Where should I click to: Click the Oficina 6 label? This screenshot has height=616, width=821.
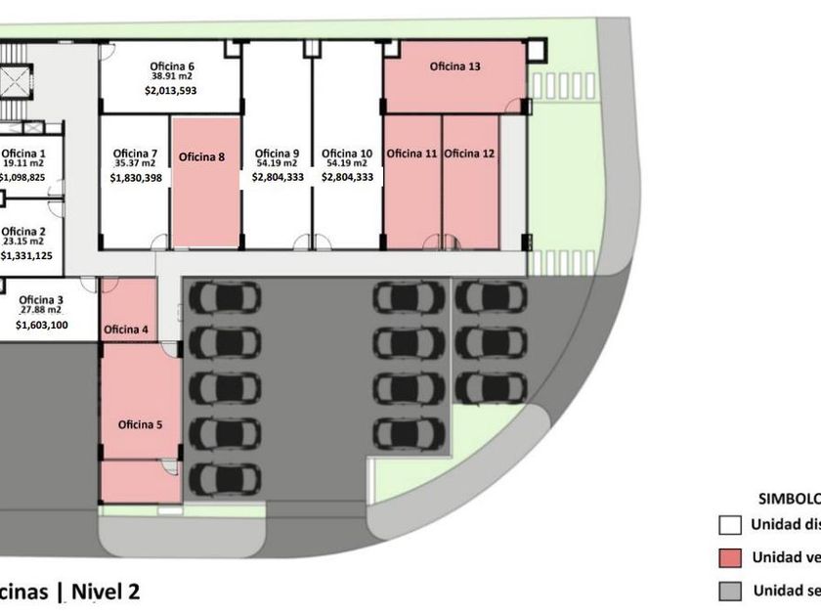pos(172,65)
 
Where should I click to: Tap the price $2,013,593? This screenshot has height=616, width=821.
pos(172,91)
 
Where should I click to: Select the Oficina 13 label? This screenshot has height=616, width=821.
pos(455,67)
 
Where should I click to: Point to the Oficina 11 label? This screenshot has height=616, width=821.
pos(411,154)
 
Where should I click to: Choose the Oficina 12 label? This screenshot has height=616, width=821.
pos(469,154)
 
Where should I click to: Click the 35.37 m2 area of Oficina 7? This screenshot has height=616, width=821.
pos(135,164)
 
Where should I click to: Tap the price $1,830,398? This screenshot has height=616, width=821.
pos(136,178)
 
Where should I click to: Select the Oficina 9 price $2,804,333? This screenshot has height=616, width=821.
pos(278,178)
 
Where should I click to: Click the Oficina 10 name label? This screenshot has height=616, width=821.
pos(347,154)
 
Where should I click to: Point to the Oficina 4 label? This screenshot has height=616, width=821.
pos(126,330)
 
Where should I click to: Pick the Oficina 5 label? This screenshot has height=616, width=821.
pos(141,424)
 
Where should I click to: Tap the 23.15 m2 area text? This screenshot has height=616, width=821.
pos(23,241)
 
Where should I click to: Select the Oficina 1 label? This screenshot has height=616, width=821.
pos(23,154)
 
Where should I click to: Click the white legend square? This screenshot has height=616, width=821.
pos(728,525)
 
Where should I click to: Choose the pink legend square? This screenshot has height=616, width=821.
pos(728,558)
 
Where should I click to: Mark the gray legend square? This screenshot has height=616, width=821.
pos(728,591)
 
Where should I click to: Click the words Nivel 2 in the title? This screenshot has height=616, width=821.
pos(107,591)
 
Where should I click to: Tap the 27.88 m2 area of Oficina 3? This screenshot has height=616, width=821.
pos(41,310)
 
